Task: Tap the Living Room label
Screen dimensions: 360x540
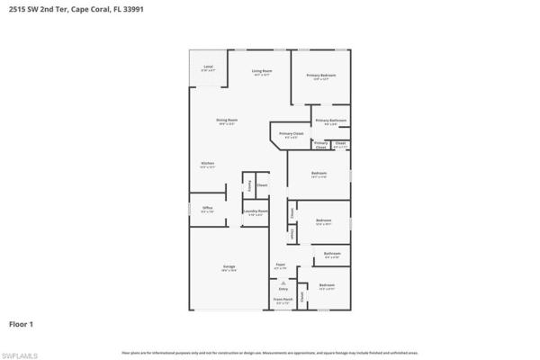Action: [262, 71]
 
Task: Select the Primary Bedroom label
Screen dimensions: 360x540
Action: [320, 76]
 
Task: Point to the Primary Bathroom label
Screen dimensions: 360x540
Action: [330, 121]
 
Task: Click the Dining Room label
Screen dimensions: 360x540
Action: [226, 120]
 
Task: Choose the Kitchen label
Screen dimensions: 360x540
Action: [207, 163]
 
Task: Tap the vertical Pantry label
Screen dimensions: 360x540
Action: [249, 185]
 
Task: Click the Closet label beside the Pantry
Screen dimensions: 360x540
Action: [262, 185]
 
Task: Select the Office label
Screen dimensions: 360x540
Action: [207, 209]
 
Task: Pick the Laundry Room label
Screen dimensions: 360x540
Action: [255, 211]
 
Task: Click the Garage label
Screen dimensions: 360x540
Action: [229, 267]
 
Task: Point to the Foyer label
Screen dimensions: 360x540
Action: [279, 265]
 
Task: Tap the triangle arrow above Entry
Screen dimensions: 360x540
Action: [283, 282]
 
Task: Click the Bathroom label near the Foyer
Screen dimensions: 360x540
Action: [332, 255]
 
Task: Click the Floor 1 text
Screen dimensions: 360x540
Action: [22, 322]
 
